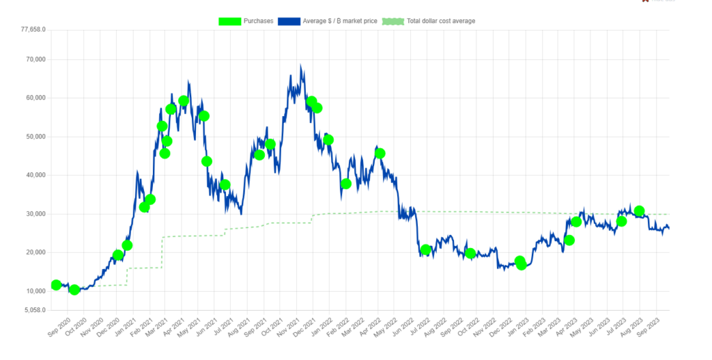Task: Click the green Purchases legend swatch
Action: (229, 21)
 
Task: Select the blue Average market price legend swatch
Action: (289, 21)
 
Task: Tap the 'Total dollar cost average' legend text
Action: (441, 21)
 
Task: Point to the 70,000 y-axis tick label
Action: (36, 60)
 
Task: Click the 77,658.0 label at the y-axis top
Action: (33, 29)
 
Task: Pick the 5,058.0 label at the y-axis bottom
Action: (35, 310)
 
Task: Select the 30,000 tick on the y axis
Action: (36, 214)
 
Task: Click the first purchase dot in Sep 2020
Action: (56, 285)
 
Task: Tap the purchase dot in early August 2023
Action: (640, 211)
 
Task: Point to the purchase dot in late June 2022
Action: (426, 249)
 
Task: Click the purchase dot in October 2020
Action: (74, 290)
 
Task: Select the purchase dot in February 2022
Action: (346, 184)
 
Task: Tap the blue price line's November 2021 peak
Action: (300, 65)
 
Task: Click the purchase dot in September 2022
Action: (471, 253)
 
